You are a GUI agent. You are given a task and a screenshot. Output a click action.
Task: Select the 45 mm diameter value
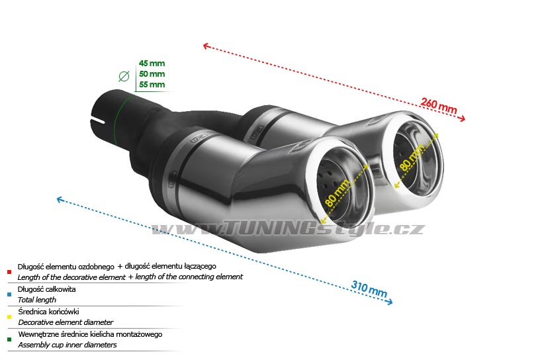click(x=152, y=64)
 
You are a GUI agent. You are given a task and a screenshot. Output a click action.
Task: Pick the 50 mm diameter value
click(x=152, y=74)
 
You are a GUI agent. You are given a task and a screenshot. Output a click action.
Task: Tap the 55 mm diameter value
click(x=152, y=85)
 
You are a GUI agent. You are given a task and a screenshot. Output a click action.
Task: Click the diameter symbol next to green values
click(x=124, y=76)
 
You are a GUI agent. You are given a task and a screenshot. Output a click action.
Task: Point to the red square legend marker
click(x=9, y=271)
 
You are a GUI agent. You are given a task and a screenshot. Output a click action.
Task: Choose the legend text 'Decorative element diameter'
click(x=65, y=322)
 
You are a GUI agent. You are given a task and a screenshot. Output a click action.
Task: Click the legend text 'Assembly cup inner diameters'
click(x=67, y=345)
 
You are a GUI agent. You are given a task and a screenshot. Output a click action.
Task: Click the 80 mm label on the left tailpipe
click(x=336, y=189)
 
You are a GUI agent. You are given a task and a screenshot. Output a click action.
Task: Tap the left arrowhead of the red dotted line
click(x=206, y=46)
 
